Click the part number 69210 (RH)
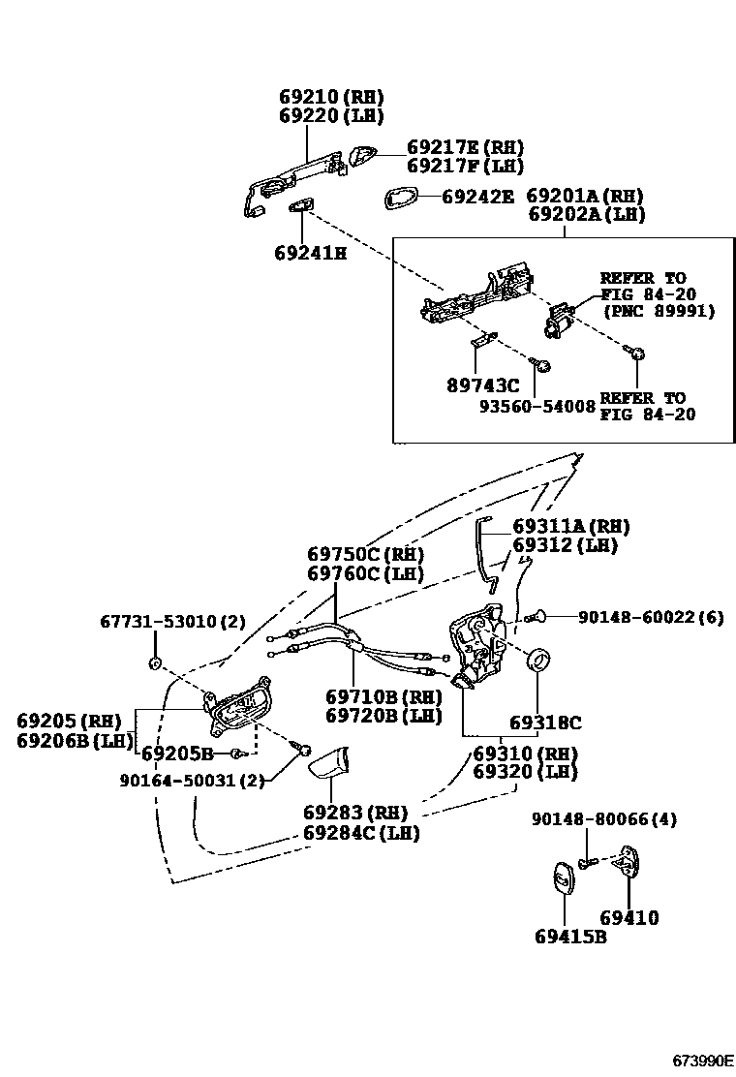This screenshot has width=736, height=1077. point(331,97)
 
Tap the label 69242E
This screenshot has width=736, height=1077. point(477,196)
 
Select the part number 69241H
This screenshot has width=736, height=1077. point(310,254)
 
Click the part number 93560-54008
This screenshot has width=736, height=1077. point(537,408)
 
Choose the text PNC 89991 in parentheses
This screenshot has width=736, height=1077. point(658,311)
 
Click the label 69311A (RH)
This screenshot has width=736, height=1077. point(570,527)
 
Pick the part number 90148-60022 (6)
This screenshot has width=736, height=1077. point(651,617)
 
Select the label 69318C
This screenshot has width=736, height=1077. point(545,723)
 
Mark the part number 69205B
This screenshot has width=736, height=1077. point(176,753)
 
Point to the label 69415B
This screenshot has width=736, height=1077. point(570,937)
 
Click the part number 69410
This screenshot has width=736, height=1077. point(629,917)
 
